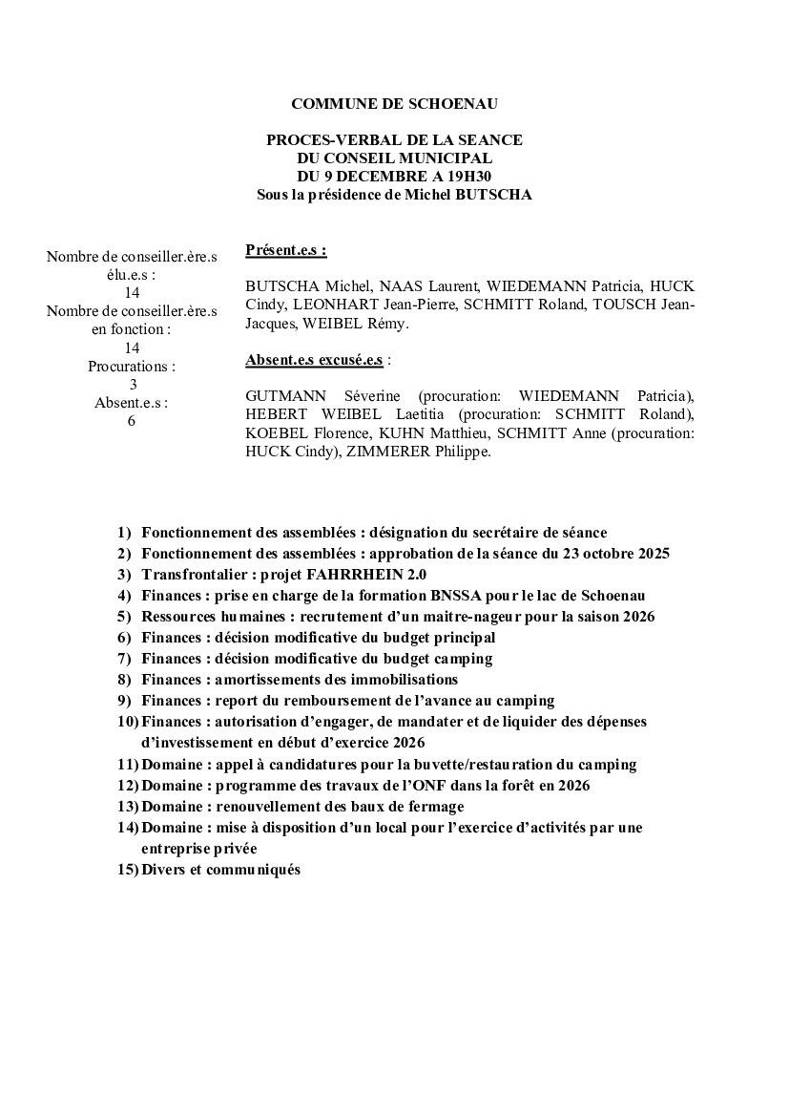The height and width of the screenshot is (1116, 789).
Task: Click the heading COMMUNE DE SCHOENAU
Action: click(394, 103)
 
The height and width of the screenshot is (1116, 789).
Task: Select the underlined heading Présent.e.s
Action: click(285, 250)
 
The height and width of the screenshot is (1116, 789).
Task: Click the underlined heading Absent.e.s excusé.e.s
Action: click(314, 360)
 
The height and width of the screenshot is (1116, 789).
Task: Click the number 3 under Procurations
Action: click(133, 384)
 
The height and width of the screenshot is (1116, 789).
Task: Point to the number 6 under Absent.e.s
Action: click(132, 421)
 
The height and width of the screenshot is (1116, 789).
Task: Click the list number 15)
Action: click(128, 870)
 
